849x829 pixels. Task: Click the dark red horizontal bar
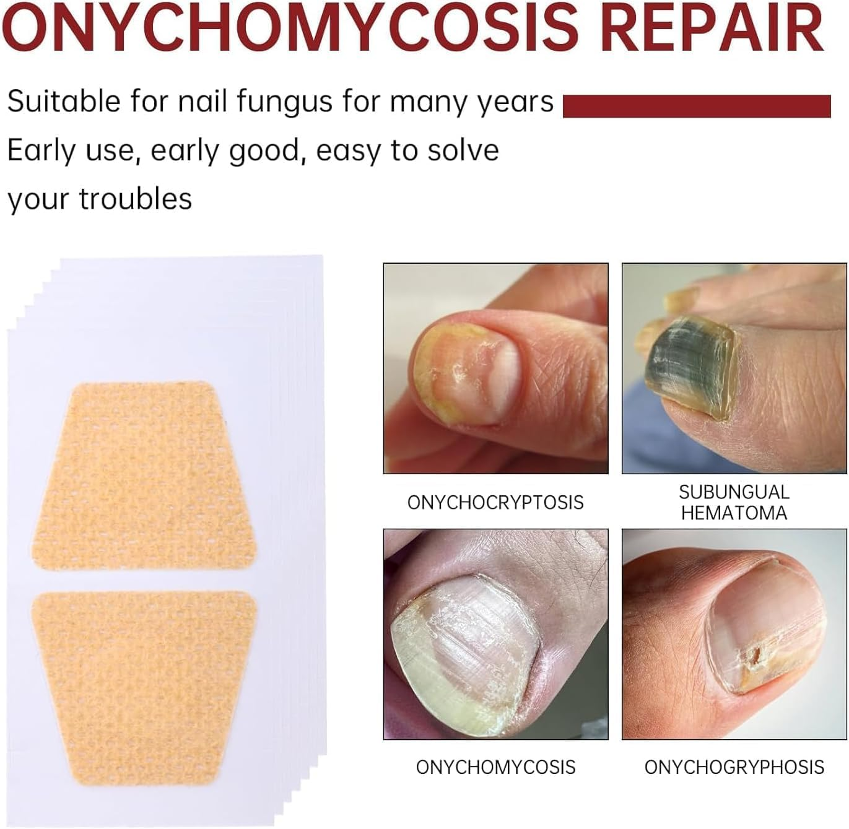[697, 106]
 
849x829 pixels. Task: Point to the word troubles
[135, 199]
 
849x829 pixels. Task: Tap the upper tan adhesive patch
[144, 475]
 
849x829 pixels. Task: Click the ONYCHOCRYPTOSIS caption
[495, 502]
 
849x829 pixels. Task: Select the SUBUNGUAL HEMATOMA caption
[734, 502]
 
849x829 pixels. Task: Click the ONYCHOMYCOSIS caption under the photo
[495, 767]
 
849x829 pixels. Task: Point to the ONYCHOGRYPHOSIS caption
[734, 767]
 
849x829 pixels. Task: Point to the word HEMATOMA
[734, 513]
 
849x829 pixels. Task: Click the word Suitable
[63, 101]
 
